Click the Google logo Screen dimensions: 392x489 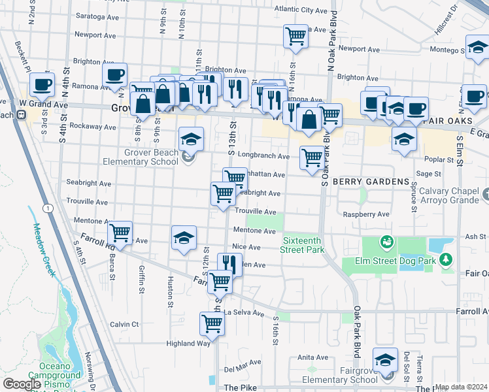pyautogui.click(x=23, y=384)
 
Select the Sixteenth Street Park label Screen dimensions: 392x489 pyautogui.click(x=303, y=244)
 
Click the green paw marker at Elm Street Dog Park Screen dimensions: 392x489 pyautogui.click(x=387, y=242)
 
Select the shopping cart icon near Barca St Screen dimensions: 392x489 pyautogui.click(x=120, y=232)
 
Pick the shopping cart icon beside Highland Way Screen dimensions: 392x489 pyautogui.click(x=212, y=323)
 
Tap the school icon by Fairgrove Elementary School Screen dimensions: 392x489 pyautogui.click(x=385, y=359)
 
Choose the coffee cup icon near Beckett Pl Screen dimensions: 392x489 pyautogui.click(x=42, y=84)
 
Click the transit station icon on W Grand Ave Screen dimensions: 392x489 pyautogui.click(x=21, y=115)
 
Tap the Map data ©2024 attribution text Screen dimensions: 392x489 pyautogui.click(x=460, y=387)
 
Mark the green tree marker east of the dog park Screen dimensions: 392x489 pyautogui.click(x=447, y=260)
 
